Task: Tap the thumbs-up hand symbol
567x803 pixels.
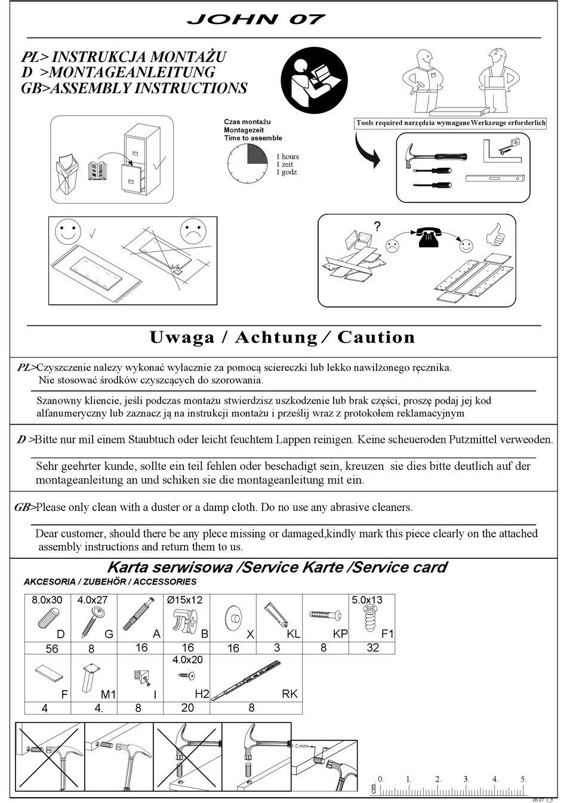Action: point(495,235)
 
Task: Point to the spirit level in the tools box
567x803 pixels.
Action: point(494,178)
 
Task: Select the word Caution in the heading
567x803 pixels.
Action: point(376,337)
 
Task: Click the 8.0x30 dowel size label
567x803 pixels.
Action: point(47,600)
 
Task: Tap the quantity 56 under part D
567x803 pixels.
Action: point(52,648)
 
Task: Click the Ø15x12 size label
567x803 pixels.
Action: point(184,600)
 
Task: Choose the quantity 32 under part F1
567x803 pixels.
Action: point(372,648)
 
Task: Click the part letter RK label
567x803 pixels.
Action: point(289,694)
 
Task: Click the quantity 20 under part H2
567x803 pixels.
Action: point(187,707)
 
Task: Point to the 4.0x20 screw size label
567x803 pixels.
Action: point(187,660)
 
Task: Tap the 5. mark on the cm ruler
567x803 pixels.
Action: point(523,779)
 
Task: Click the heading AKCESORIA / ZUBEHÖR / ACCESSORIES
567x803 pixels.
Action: point(110,582)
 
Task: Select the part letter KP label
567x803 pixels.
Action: point(340,634)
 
